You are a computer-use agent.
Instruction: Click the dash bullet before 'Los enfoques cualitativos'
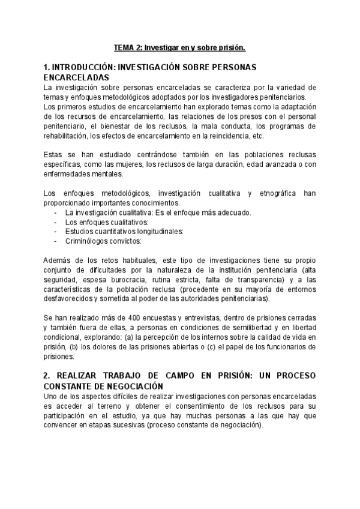point(55,222)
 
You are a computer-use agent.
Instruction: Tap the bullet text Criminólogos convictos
point(103,241)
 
